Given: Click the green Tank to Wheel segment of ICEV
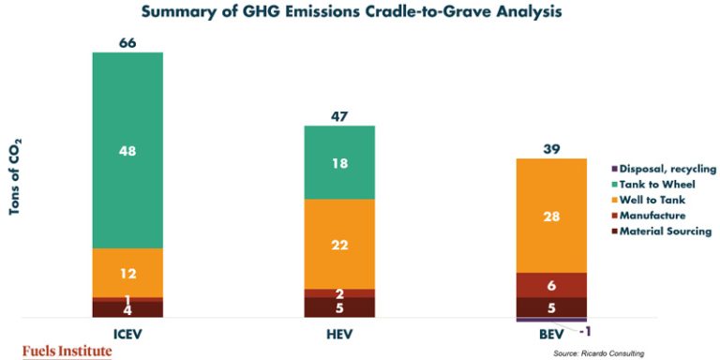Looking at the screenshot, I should pos(127,149).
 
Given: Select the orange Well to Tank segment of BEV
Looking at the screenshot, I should pos(552,216).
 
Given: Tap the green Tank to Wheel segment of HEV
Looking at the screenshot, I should pos(339,162).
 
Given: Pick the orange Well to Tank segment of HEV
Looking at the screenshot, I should pos(339,244).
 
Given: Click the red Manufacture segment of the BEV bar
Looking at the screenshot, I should pos(552,285).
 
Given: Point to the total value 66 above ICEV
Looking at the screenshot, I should pos(127,43).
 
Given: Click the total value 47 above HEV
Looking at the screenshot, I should pos(339,116).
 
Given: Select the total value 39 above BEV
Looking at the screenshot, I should pos(551,150).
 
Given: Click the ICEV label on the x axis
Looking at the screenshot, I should pos(127,332).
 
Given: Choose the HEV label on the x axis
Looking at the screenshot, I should pos(339,332).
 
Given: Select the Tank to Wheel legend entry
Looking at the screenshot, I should pos(656,184).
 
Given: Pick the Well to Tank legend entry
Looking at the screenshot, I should pos(652,200).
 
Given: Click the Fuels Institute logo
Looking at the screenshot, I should pos(66,351).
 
